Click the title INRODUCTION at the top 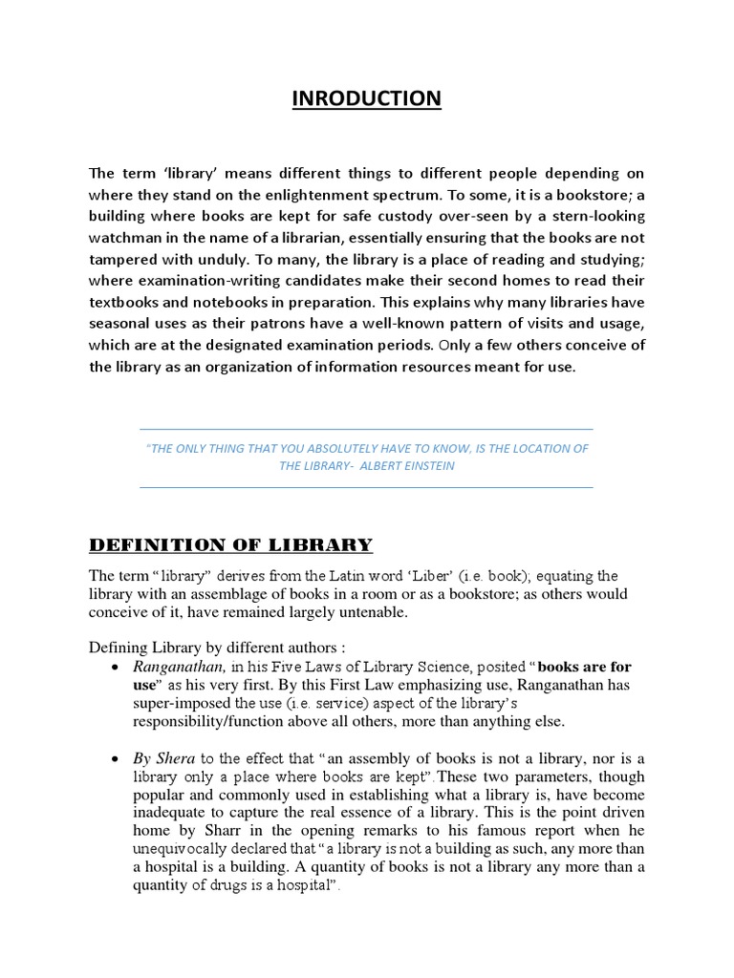pos(367,98)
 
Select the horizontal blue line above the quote pos(367,429)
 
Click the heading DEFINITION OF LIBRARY pos(230,545)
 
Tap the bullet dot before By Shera pos(115,759)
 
